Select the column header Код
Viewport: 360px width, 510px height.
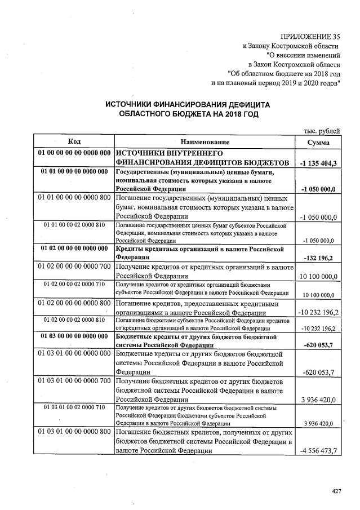74,142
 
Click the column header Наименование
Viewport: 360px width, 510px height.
205,142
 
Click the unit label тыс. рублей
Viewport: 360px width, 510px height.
322,131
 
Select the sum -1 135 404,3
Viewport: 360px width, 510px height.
318,163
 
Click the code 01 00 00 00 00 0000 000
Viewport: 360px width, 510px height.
74,153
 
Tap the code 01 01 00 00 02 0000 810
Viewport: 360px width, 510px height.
74,225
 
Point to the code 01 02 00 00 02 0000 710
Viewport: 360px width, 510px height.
74,285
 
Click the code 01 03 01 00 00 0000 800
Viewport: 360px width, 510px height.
74,432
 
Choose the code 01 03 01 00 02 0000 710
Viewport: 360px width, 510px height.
74,407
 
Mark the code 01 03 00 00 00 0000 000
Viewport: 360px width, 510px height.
74,336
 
